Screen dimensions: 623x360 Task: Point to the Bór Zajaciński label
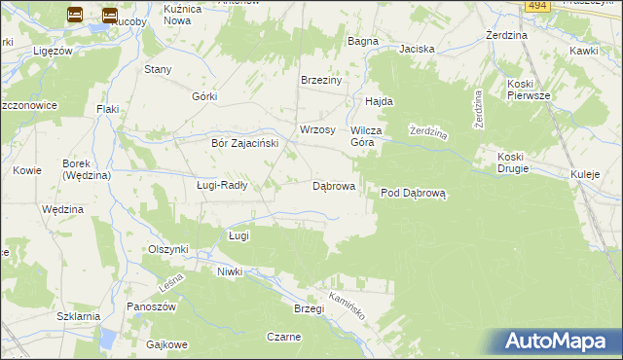pos(245,143)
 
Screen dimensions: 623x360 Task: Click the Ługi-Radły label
pos(222,185)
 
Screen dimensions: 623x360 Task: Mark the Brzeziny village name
pos(321,81)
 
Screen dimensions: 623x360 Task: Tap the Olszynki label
pos(167,249)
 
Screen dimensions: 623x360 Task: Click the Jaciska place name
pos(416,48)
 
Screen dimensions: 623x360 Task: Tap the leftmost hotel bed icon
pos(75,15)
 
